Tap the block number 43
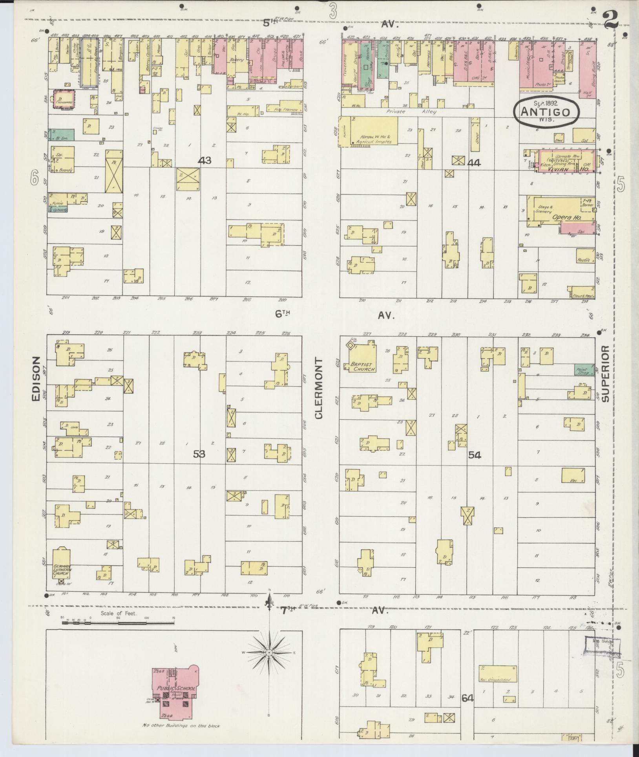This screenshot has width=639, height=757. click(204, 160)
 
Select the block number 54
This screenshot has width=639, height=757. click(474, 455)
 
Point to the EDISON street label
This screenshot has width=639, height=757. click(36, 378)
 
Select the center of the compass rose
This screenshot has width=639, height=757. click(269, 653)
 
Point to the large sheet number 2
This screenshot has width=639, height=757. click(611, 19)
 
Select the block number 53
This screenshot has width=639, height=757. click(199, 454)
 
